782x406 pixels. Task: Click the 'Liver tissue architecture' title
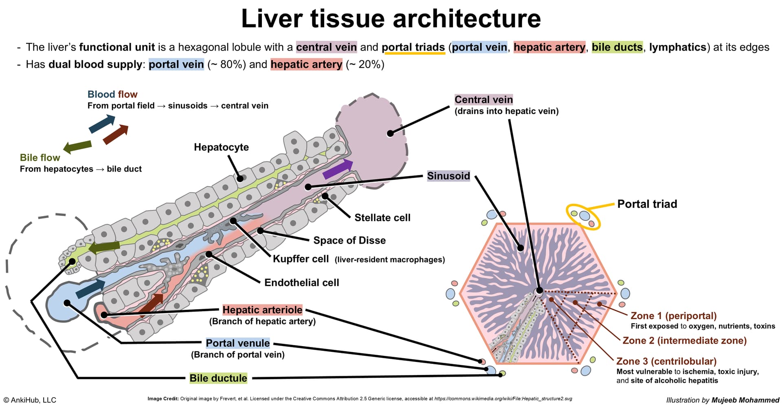[391, 19]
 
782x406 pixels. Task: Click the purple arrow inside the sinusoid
[338, 169]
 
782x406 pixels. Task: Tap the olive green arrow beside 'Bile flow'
[77, 147]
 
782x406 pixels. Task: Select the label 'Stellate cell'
[382, 218]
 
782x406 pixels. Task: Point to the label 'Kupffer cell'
[301, 259]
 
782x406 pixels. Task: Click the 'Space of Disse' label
[349, 240]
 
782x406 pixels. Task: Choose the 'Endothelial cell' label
[301, 282]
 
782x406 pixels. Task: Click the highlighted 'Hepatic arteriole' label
[262, 310]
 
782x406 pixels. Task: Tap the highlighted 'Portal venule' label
[237, 343]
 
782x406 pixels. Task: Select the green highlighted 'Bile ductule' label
[218, 378]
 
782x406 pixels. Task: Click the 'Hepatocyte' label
[221, 147]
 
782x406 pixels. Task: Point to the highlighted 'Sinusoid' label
[448, 176]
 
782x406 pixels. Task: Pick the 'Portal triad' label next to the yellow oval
[647, 204]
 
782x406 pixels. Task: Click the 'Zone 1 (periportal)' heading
[674, 316]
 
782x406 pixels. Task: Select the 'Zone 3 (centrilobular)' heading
[666, 361]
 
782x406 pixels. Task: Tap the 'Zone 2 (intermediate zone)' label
[685, 340]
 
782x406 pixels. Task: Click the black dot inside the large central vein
[390, 133]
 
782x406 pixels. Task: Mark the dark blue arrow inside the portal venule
[90, 289]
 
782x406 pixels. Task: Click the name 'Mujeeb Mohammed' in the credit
[745, 400]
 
